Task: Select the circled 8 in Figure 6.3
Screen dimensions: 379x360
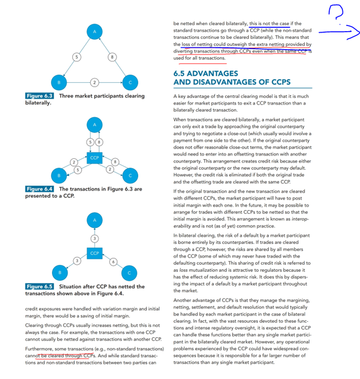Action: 112,57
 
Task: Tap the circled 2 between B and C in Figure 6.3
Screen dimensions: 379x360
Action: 94,83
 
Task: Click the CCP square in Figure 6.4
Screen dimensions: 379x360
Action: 94,157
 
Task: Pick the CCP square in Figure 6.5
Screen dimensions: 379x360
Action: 94,253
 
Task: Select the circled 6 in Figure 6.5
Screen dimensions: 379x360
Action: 112,261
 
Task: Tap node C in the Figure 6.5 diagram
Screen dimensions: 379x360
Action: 129,273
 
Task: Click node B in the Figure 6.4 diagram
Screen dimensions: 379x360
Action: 59,176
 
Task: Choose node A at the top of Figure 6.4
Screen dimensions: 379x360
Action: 94,125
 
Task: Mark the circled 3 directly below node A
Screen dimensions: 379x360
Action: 94,238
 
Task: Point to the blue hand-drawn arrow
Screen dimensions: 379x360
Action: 339,33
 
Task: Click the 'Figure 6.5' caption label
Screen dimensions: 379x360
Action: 40,286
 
